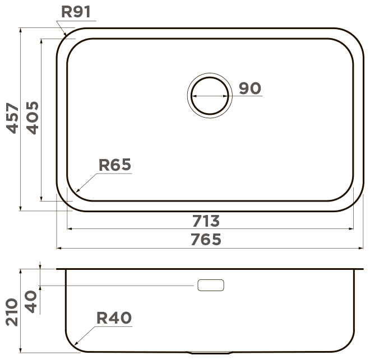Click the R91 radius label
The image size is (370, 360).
click(x=76, y=12)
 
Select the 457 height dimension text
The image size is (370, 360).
click(x=12, y=118)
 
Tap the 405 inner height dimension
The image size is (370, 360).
click(x=33, y=118)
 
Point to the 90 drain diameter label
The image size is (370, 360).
click(x=250, y=88)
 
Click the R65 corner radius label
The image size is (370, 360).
click(x=115, y=165)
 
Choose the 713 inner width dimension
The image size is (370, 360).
click(x=206, y=221)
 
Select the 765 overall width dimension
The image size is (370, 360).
click(x=206, y=240)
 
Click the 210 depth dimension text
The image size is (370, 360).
click(x=12, y=312)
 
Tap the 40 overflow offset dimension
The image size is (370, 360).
click(x=31, y=302)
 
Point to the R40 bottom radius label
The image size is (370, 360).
click(x=114, y=318)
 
